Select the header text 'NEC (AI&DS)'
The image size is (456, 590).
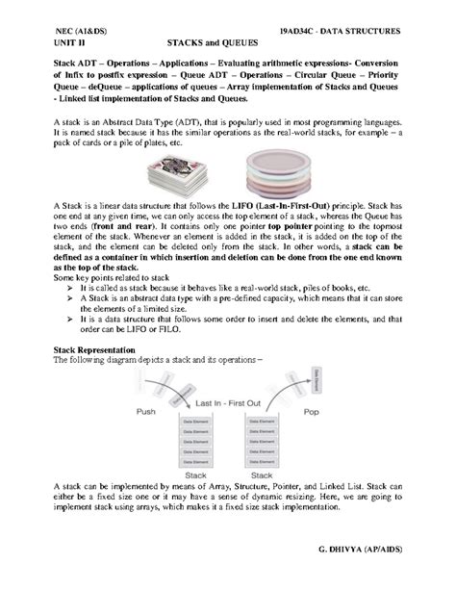coord(83,32)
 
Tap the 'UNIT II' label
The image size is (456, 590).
coord(65,44)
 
